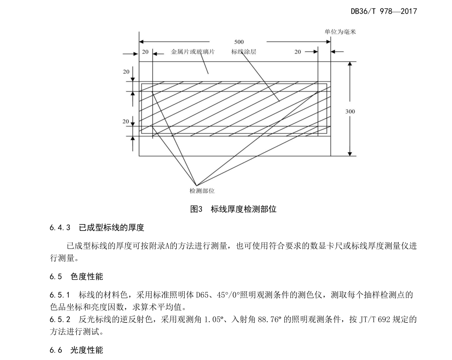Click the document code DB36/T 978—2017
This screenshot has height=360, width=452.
(x=384, y=10)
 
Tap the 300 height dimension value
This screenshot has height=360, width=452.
(x=350, y=112)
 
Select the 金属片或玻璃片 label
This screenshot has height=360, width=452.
(x=192, y=52)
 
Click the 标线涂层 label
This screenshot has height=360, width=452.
(x=244, y=52)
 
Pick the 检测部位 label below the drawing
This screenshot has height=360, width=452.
(x=202, y=191)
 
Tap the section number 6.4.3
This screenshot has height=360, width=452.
(x=60, y=228)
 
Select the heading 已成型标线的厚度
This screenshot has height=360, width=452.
(x=111, y=228)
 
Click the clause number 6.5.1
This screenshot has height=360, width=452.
(x=60, y=295)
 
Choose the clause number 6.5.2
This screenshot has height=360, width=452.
(x=60, y=320)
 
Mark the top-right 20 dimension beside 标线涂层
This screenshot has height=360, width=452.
(x=297, y=52)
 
